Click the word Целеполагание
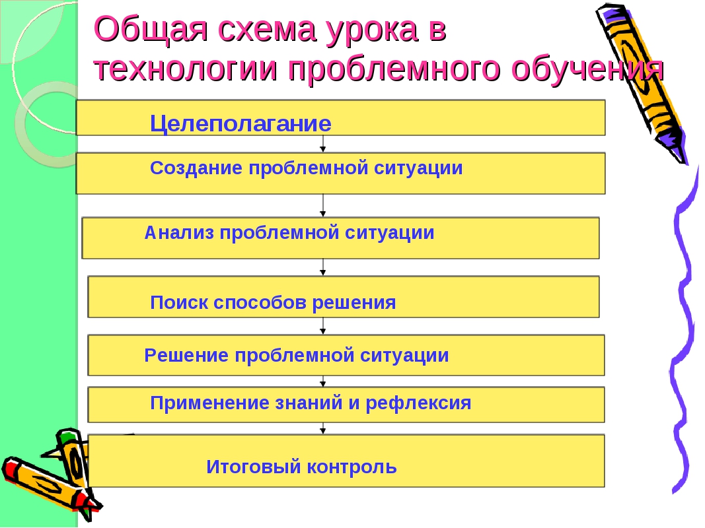pyautogui.click(x=240, y=123)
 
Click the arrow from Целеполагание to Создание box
pyautogui.click(x=323, y=144)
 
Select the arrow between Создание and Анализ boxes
pyautogui.click(x=323, y=205)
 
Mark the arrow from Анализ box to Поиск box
pyautogui.click(x=323, y=267)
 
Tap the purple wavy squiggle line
pyautogui.click(x=684, y=330)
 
